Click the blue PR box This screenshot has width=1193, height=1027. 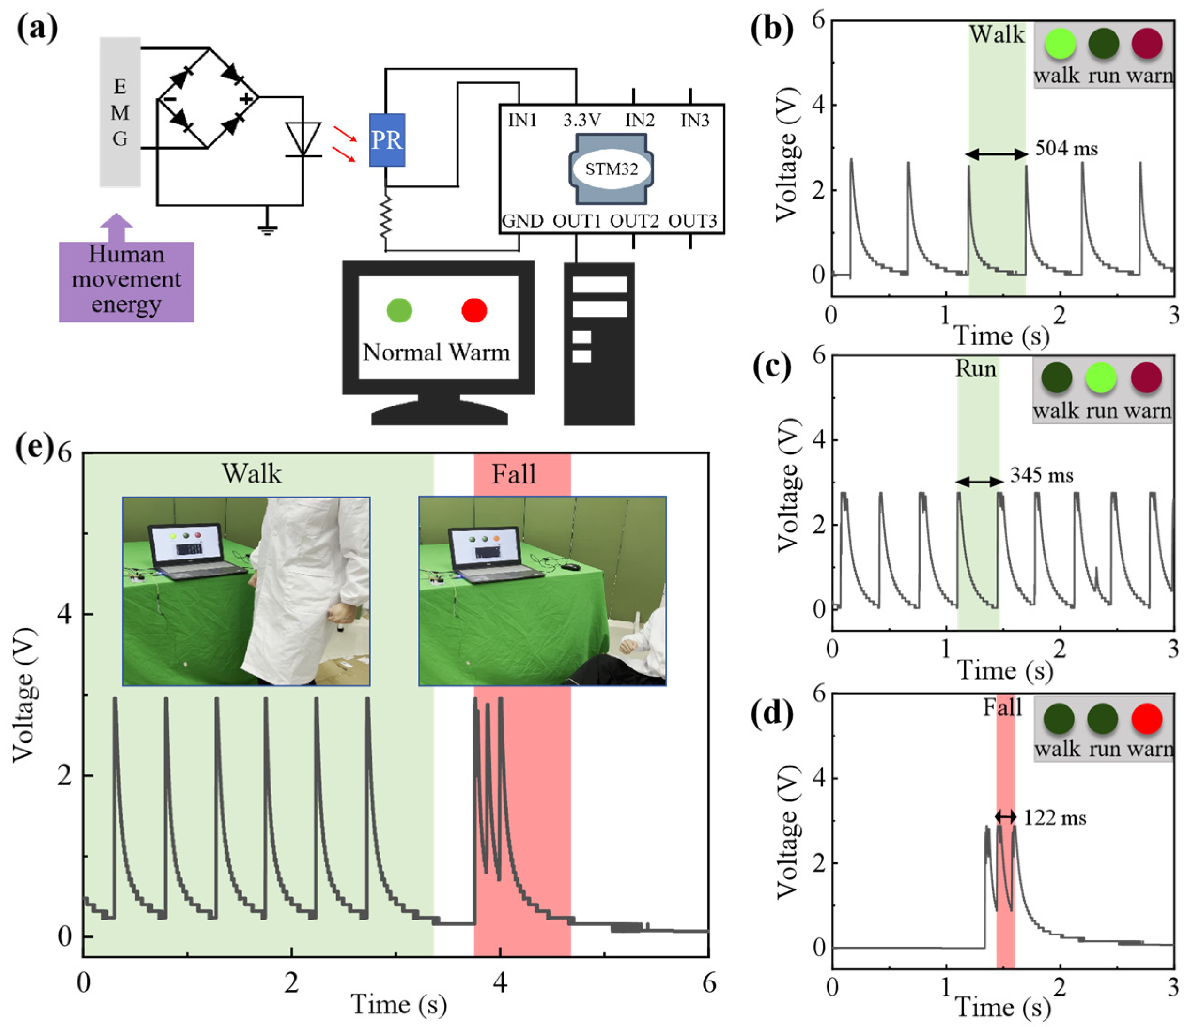coord(387,140)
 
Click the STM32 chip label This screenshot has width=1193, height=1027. coord(612,169)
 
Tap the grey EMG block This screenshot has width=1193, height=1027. coord(120,112)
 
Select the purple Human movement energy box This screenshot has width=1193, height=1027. coord(127,280)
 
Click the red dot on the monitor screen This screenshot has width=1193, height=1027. coord(474,310)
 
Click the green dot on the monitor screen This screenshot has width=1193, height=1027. coord(399,310)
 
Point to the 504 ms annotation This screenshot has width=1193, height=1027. coord(1066,149)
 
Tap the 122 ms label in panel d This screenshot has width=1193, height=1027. coord(1055,818)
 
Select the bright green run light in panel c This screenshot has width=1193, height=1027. coord(1101,378)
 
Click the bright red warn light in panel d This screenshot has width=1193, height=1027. coord(1147,719)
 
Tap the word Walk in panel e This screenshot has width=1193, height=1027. coord(252,474)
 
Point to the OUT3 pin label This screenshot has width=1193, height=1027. coord(693,221)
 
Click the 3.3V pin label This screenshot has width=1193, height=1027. coord(582,120)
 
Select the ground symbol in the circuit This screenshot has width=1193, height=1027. coord(267,229)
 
